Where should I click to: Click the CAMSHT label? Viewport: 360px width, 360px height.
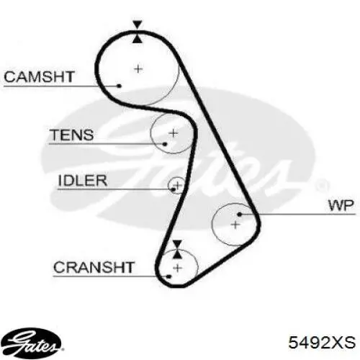click(39, 77)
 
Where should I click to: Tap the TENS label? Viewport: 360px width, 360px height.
click(71, 135)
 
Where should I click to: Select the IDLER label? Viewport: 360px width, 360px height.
click(83, 181)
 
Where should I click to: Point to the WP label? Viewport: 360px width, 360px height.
click(341, 205)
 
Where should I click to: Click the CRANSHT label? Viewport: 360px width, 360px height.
click(94, 267)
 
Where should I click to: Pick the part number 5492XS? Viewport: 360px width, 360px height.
click(322, 342)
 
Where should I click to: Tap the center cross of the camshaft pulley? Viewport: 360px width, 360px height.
click(138, 69)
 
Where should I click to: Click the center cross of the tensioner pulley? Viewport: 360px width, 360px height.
click(174, 133)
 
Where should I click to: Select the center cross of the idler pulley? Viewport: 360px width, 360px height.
click(178, 185)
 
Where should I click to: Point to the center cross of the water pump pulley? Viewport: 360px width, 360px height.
click(235, 225)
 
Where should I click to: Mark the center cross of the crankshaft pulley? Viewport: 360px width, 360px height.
click(177, 268)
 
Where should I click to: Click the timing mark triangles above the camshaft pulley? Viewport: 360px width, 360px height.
click(138, 32)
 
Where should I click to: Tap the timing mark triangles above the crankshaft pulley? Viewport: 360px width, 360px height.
click(177, 249)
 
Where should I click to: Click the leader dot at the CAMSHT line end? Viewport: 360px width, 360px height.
click(119, 86)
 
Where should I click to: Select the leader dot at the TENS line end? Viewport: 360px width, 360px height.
click(165, 144)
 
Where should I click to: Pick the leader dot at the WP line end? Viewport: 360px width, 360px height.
click(239, 214)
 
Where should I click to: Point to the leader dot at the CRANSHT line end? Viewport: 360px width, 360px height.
click(168, 276)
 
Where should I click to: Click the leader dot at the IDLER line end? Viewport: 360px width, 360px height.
click(174, 189)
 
